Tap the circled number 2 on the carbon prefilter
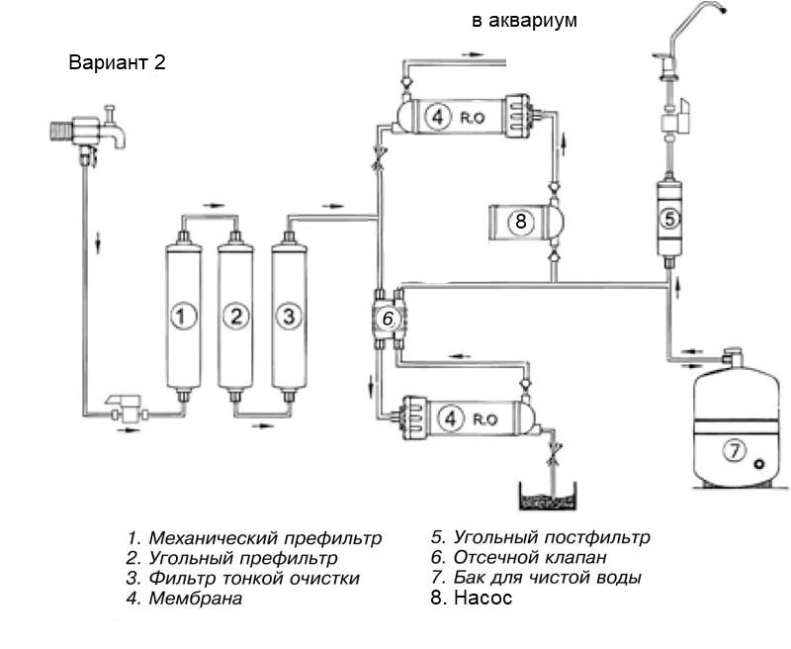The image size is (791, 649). click(235, 317)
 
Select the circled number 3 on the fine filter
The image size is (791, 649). click(289, 317)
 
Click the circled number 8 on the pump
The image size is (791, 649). click(521, 222)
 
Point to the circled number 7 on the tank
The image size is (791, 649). click(733, 451)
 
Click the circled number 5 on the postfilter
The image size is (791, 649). click(669, 220)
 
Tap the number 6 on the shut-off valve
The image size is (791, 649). click(389, 320)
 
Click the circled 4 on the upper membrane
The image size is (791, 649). click(438, 117)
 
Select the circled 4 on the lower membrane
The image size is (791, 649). click(453, 418)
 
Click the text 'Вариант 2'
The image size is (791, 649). click(117, 62)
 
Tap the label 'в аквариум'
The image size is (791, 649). click(523, 20)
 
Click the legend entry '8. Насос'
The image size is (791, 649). click(473, 598)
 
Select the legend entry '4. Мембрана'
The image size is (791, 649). click(185, 598)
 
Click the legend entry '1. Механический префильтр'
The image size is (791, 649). click(253, 538)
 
